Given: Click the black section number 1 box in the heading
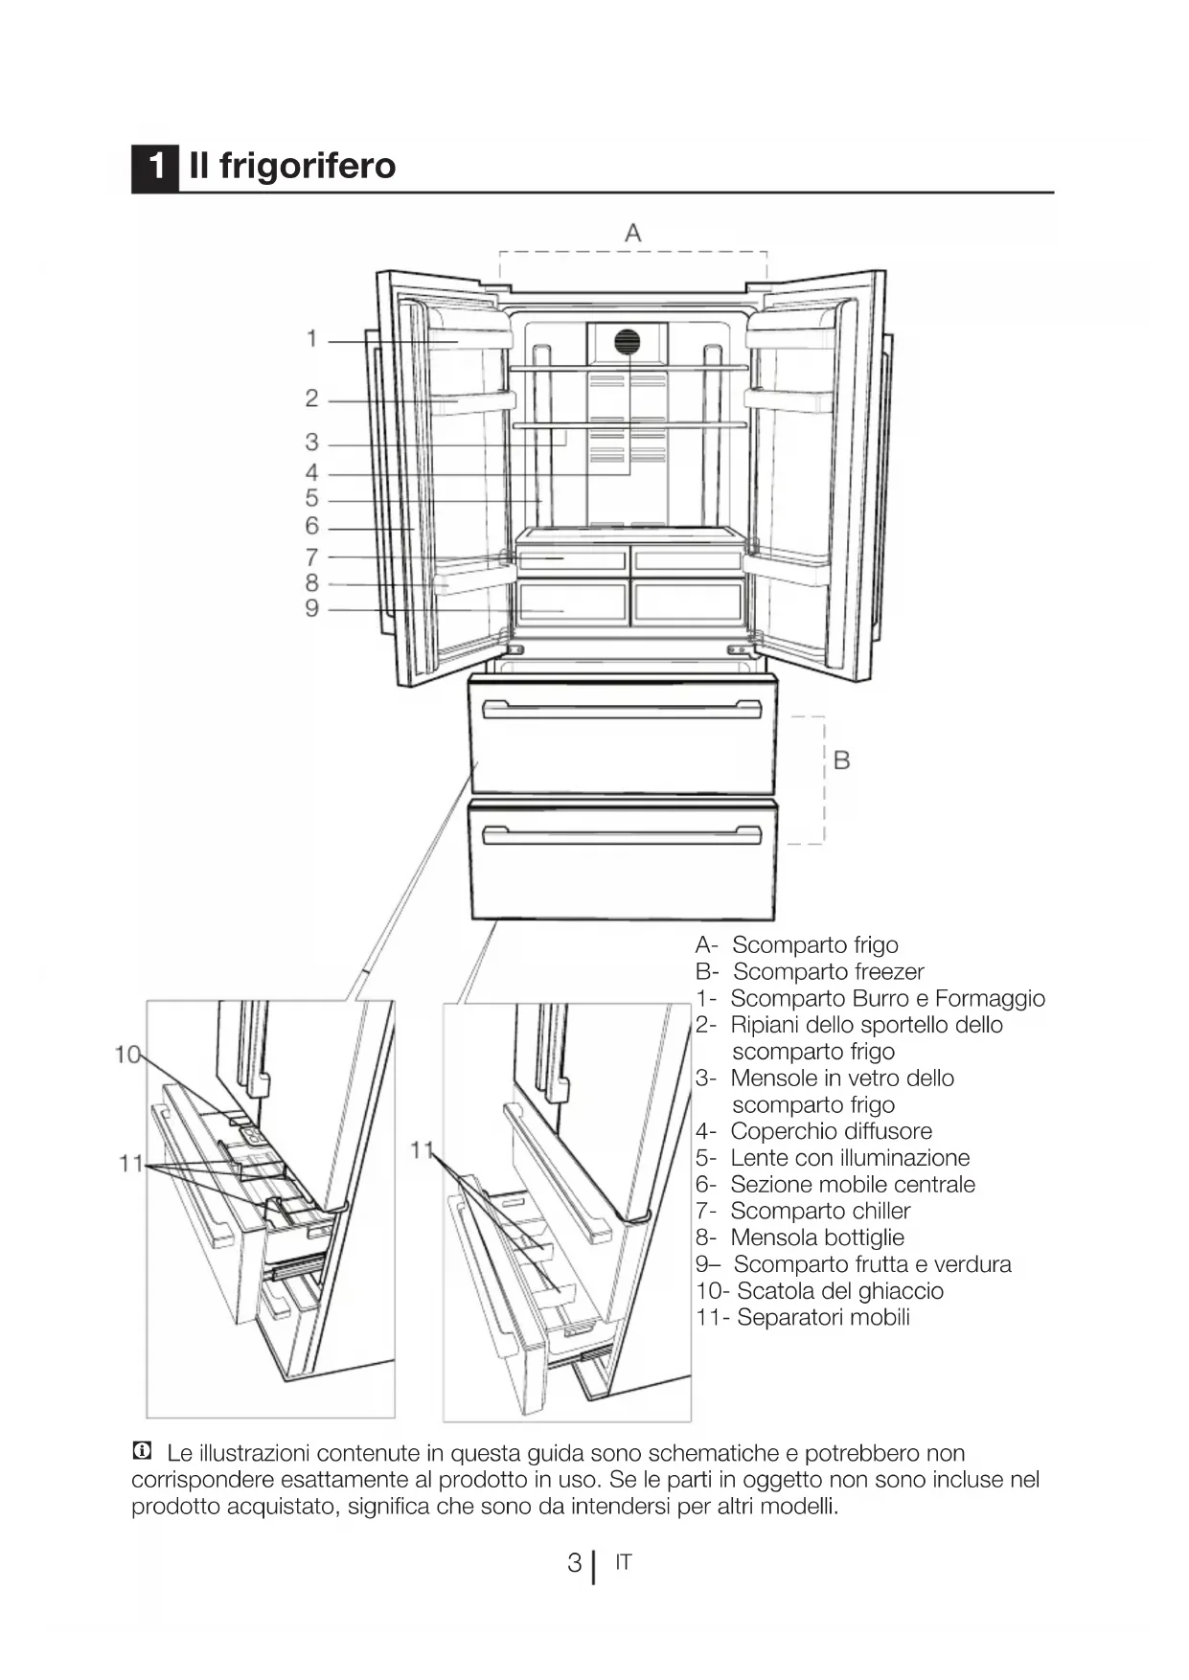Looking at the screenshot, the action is click(154, 168).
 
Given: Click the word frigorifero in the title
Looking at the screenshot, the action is click(308, 167).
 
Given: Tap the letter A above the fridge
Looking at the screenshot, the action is click(632, 232).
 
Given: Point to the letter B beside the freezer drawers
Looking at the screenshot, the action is click(841, 761).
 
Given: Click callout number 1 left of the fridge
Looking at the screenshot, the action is click(311, 339).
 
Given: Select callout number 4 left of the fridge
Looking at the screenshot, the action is click(311, 472).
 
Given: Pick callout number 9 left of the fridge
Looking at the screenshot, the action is click(311, 608).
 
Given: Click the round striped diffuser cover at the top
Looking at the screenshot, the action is click(627, 341).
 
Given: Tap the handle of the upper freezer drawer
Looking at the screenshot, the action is click(622, 710).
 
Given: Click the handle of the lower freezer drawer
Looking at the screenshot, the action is click(622, 835).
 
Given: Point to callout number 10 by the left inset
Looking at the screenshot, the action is click(126, 1055).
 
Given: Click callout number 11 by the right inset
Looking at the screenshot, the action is click(422, 1150).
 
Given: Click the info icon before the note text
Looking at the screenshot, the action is click(142, 1451).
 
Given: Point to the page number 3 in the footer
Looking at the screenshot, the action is click(574, 1563).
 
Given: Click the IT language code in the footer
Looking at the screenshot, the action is click(624, 1562).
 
